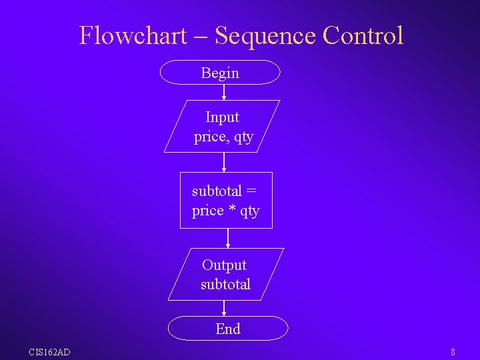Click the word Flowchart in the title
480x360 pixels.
pos(133,35)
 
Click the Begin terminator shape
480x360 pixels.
pos(221,73)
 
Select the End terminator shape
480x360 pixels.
pos(227,329)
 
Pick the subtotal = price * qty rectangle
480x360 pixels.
pos(226,201)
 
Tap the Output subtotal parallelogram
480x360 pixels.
pos(226,275)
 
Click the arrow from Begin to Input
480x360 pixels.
pos(224,92)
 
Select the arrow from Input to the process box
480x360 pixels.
pos(224,162)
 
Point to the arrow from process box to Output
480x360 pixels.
pos(228,238)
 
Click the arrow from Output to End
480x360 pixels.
pos(225,308)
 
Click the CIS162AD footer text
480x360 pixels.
pos(49,352)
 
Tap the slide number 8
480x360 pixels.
pos(453,352)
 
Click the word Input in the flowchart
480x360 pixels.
pos(222,117)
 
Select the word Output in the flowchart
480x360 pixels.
pos(224,265)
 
